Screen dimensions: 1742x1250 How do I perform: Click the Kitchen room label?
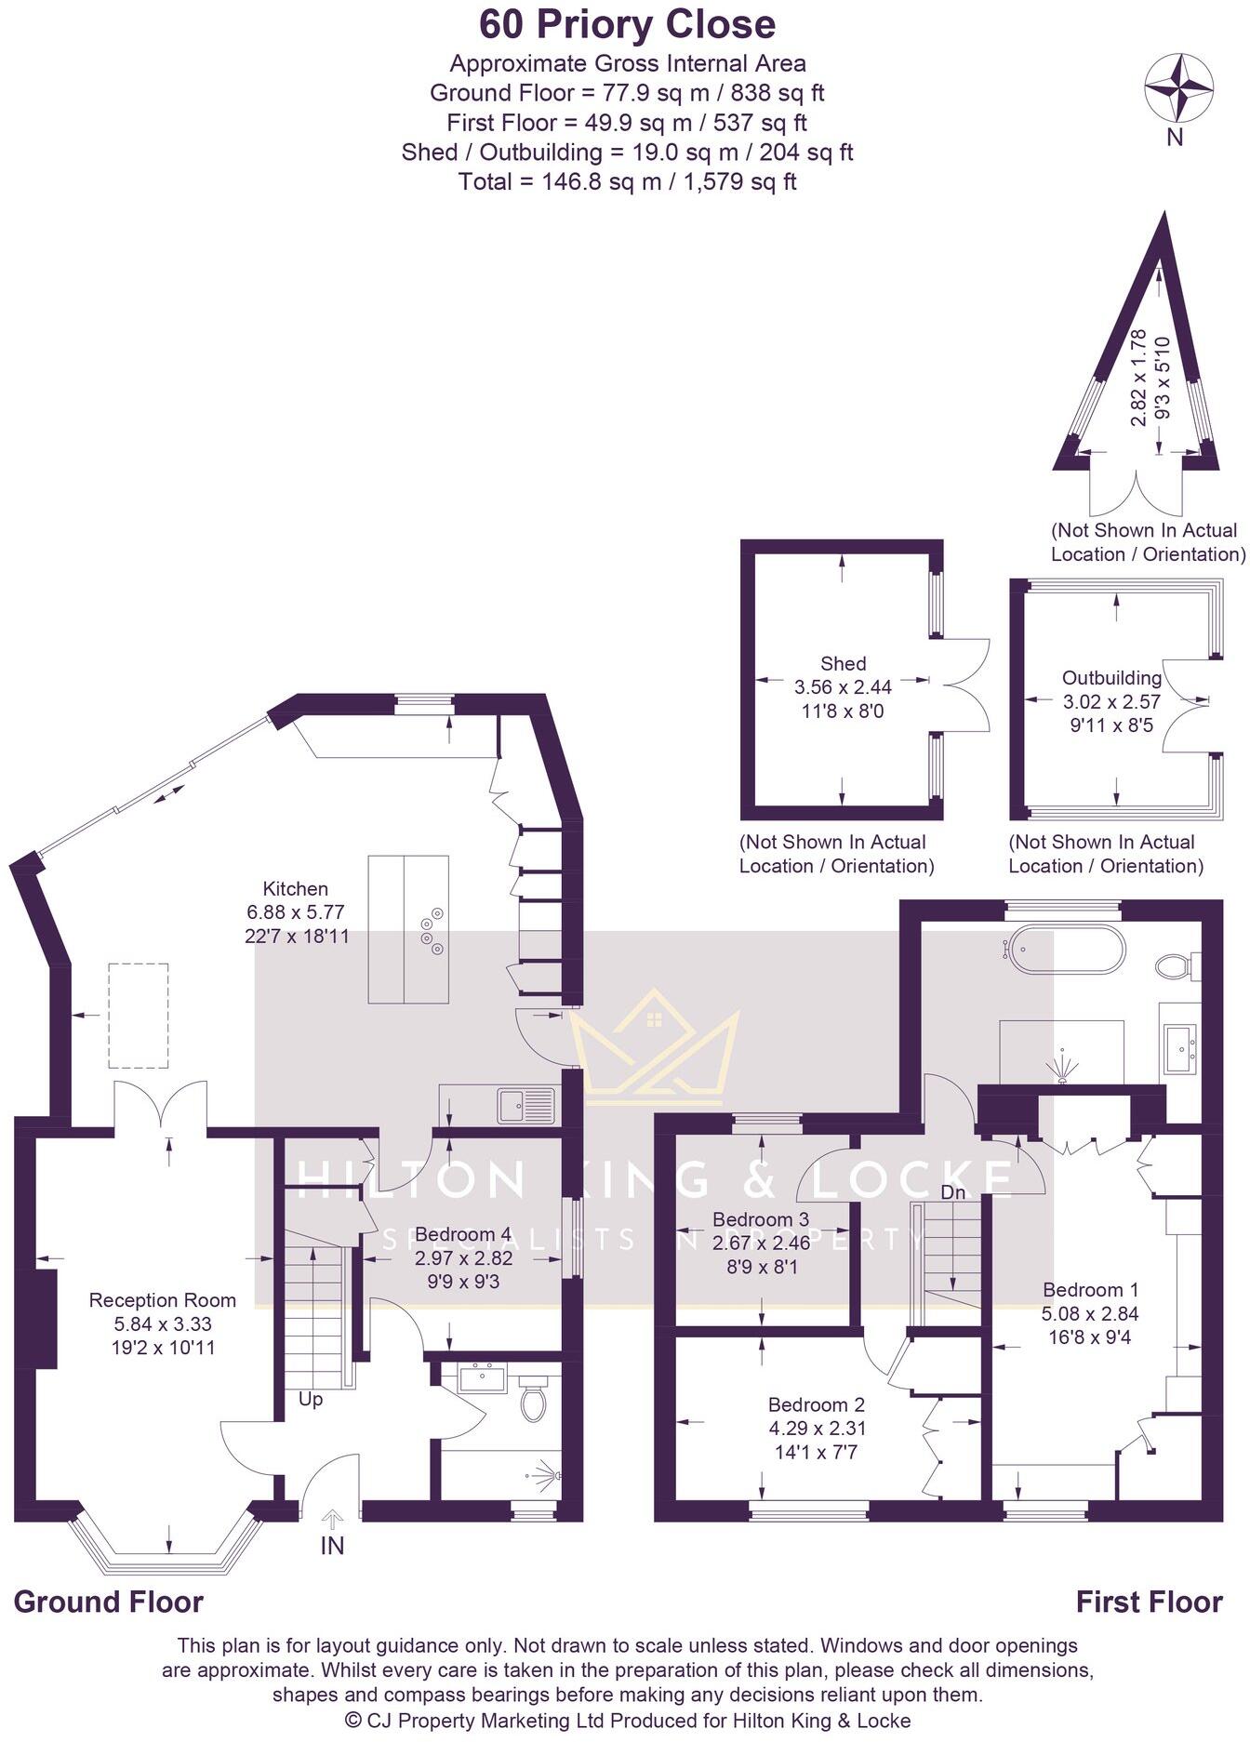coord(295,889)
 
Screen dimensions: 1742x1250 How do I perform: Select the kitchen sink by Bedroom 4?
coord(525,1105)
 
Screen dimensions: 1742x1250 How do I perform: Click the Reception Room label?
coord(162,1300)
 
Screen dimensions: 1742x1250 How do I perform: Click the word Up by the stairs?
coord(311,1400)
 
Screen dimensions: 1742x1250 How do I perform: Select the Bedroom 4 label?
coord(463,1234)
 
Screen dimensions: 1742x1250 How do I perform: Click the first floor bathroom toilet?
coord(1176,964)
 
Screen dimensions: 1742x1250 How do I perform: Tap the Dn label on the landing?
coord(952,1192)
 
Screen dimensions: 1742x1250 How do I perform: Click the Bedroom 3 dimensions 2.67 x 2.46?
coord(761,1243)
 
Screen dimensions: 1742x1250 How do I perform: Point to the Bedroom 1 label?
coord(1090,1290)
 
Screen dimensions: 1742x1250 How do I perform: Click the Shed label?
coord(843,664)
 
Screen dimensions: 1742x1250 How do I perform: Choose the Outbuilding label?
coord(1111,678)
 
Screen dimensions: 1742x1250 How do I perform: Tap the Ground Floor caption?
coord(108,1602)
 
